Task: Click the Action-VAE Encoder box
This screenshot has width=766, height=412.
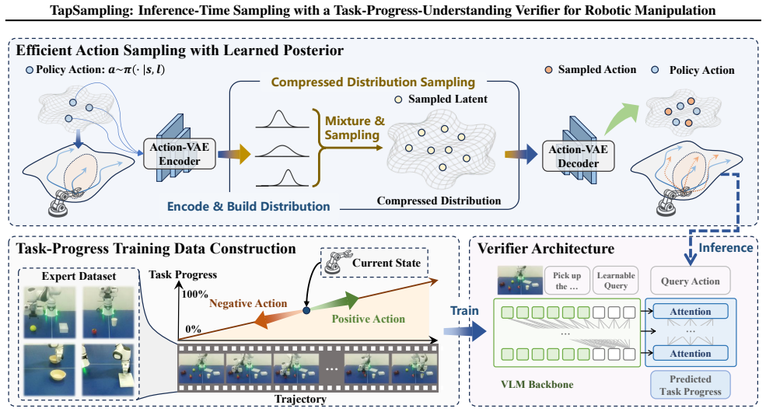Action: (180, 154)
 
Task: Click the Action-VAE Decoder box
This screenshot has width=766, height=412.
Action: (578, 156)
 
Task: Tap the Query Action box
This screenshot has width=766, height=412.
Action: (691, 281)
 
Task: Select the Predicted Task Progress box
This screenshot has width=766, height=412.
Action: (691, 385)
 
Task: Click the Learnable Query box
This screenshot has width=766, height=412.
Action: (616, 280)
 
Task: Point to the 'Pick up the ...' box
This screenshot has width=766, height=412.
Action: (567, 280)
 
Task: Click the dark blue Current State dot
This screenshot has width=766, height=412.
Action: (306, 310)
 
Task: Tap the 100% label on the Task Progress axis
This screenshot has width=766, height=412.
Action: (194, 294)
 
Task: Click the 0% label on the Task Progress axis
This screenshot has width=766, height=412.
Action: (193, 329)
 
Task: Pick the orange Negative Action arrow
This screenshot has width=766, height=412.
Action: (278, 318)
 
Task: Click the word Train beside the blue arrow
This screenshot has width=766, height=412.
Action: (464, 311)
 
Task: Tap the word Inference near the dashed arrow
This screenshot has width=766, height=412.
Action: (726, 248)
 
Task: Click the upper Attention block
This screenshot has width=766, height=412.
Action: (691, 312)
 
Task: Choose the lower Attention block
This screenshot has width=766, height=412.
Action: (691, 353)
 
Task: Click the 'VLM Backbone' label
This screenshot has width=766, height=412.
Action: (537, 384)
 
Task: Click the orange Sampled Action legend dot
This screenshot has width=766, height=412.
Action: (548, 70)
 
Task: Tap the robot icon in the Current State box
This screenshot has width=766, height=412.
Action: (337, 261)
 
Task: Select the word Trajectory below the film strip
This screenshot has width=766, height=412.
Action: (300, 399)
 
